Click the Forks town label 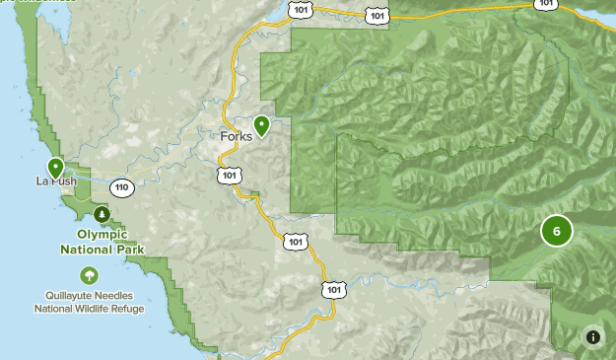pos(236,137)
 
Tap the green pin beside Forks pos(261,125)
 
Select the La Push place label pos(55,181)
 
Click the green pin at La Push pos(55,168)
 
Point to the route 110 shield pos(122,187)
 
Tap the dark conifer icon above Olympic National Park pos(102,214)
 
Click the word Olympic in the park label pos(102,235)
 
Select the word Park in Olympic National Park pos(128,249)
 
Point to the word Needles pos(122,295)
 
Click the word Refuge pos(129,309)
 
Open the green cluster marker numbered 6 pos(556,232)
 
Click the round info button pos(593,336)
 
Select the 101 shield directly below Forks pos(229,175)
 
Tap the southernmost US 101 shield pos(334,289)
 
